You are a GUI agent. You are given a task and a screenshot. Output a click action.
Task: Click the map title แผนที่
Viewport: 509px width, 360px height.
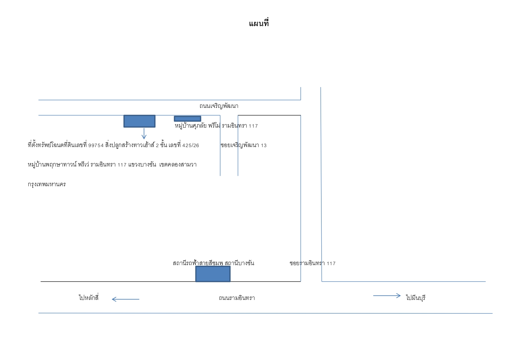pos(259,23)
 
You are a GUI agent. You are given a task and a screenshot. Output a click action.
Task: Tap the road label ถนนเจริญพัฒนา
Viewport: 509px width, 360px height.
pos(219,106)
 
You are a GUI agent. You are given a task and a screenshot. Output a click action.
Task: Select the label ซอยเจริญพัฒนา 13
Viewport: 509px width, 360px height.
pos(243,145)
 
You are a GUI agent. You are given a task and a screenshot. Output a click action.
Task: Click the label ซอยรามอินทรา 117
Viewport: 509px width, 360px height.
pos(312,263)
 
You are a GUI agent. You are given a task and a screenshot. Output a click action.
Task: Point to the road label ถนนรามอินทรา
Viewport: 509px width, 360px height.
pos(237,298)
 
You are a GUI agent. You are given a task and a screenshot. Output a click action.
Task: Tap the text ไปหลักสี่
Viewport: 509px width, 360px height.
pos(89,298)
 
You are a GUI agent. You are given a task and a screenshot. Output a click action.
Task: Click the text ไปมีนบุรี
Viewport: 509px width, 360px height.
pos(416,298)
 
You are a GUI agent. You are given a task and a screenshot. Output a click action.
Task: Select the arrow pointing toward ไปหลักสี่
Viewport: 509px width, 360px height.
pos(125,299)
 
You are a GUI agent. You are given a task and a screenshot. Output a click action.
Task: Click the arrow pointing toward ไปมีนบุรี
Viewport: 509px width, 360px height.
pos(387,296)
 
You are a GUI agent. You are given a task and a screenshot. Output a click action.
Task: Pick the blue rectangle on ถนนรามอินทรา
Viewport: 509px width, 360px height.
pos(213,274)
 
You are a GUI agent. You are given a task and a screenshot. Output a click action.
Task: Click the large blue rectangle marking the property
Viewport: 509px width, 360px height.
pos(140,121)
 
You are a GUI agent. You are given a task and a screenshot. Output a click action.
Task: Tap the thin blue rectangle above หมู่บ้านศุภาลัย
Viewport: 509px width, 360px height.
pos(187,119)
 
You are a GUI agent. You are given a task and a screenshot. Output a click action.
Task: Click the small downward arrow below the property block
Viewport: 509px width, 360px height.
pos(144,134)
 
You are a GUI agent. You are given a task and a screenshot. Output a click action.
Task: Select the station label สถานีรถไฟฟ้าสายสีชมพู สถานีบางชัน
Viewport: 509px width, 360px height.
pos(213,263)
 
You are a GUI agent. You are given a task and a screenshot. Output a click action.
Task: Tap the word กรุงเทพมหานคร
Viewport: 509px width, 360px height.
pos(47,184)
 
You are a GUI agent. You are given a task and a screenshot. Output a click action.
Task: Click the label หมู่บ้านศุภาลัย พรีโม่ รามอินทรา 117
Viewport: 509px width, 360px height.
pos(216,126)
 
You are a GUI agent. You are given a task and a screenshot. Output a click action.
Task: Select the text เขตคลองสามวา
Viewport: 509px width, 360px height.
pos(178,165)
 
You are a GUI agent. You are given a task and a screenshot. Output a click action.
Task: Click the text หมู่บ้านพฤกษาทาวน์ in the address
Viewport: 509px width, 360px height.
pos(52,165)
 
